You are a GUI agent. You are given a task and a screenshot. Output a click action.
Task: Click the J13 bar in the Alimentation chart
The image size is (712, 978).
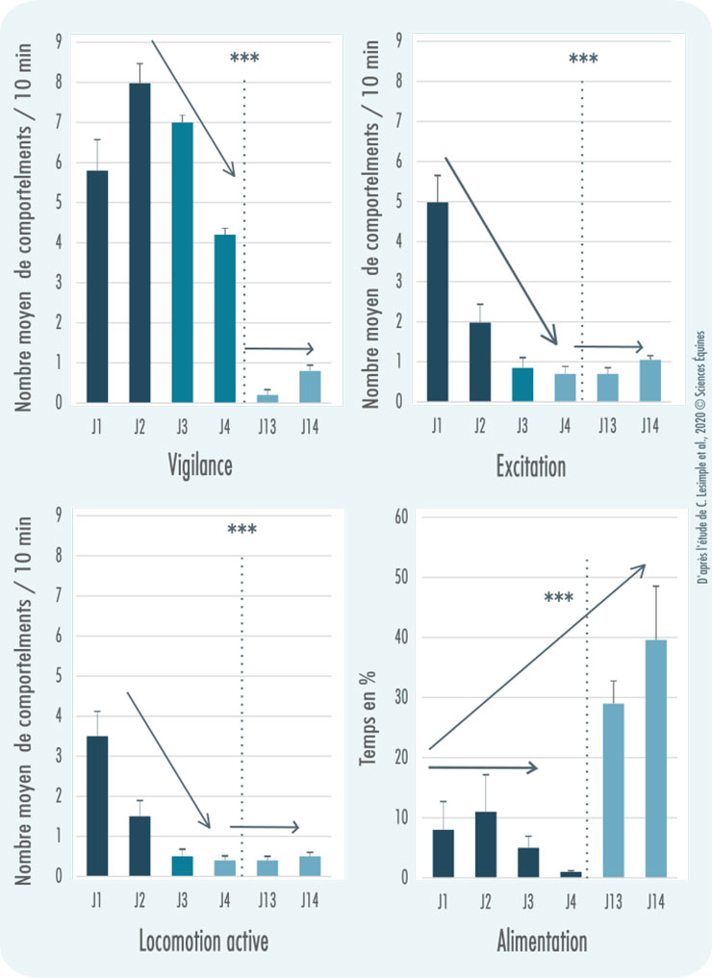613,790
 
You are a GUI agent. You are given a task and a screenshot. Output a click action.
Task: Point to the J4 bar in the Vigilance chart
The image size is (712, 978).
224,318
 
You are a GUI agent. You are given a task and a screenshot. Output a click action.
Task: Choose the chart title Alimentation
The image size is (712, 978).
541,940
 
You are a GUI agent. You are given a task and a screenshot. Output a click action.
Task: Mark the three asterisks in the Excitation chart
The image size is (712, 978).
583,60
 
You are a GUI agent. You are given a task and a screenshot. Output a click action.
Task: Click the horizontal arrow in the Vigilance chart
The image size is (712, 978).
279,348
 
